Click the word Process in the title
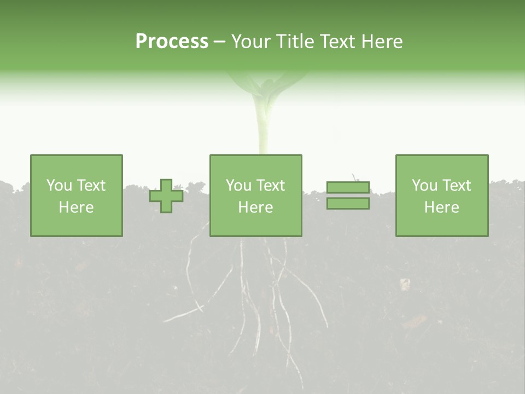pyautogui.click(x=172, y=42)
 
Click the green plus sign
pyautogui.click(x=166, y=196)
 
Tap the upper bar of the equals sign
pyautogui.click(x=348, y=187)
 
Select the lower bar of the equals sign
pyautogui.click(x=348, y=204)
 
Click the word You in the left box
pyautogui.click(x=59, y=186)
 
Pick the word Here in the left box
pyautogui.click(x=76, y=207)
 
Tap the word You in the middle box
pyautogui.click(x=238, y=186)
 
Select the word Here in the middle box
pyautogui.click(x=255, y=207)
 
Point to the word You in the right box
pyautogui.click(x=424, y=186)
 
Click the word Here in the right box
pyautogui.click(x=441, y=207)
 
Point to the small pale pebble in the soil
pyautogui.click(x=405, y=284)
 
